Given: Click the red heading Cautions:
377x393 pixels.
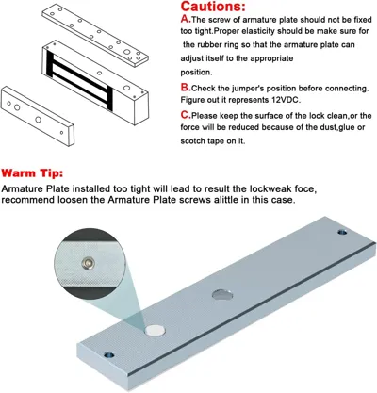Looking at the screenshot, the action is click(213, 7).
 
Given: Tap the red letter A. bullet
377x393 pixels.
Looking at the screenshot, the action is click(186, 19).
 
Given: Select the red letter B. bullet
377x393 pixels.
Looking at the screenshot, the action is click(186, 88).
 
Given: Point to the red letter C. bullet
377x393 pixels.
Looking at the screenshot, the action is click(186, 115).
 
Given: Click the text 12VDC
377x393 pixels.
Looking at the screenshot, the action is click(287, 100).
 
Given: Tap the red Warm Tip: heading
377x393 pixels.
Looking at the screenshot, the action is click(32, 173).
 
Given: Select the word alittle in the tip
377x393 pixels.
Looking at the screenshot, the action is click(226, 200).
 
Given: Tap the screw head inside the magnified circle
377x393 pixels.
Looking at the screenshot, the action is click(88, 263).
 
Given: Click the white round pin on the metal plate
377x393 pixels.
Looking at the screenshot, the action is click(155, 330).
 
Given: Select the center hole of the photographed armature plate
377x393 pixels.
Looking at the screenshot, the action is click(222, 295).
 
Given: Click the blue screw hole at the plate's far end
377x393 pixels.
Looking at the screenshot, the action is click(342, 233).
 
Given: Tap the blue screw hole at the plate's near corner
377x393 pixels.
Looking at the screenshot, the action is click(108, 355).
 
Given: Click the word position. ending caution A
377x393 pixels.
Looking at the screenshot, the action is click(196, 73).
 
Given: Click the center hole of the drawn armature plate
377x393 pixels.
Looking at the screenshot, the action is click(39, 120).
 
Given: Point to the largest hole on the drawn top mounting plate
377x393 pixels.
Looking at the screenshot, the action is click(127, 53).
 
